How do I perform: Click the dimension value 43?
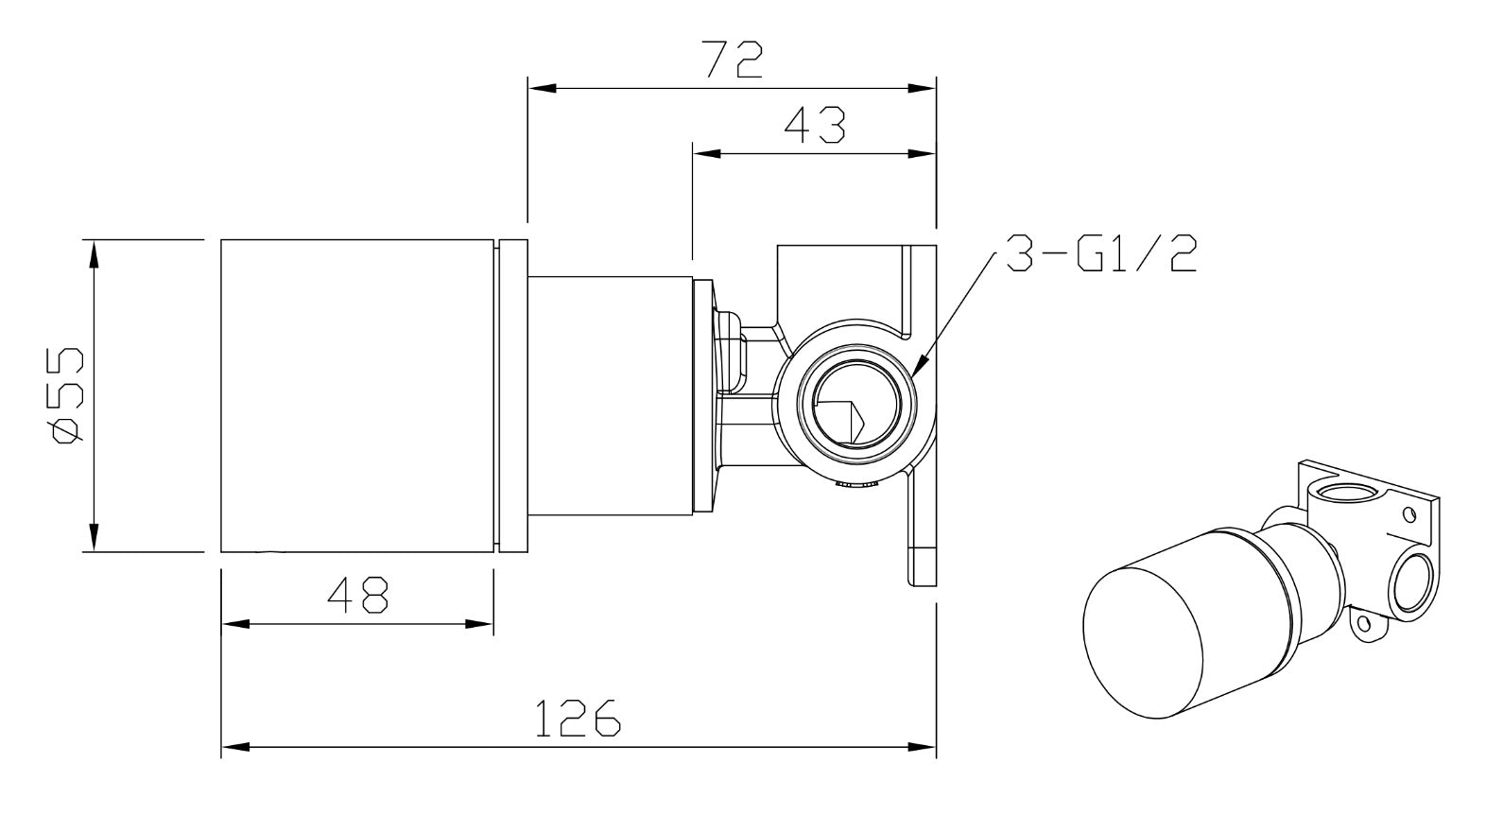pyautogui.click(x=814, y=125)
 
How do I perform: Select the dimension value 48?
pyautogui.click(x=357, y=595)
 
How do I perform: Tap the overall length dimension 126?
pyautogui.click(x=578, y=718)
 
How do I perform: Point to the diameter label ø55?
pyautogui.click(x=66, y=395)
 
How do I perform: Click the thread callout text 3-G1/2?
pyautogui.click(x=1100, y=254)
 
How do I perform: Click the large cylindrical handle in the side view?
pyautogui.click(x=357, y=395)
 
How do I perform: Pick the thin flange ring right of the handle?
pyautogui.click(x=511, y=395)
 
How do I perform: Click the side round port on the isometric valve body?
pyautogui.click(x=1411, y=581)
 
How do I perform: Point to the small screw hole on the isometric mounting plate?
pyautogui.click(x=1409, y=514)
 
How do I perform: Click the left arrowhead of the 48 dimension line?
pyautogui.click(x=226, y=624)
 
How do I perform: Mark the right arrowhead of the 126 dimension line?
pyautogui.click(x=931, y=747)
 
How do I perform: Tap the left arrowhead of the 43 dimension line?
pyautogui.click(x=698, y=153)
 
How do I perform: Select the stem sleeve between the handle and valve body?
pyautogui.click(x=610, y=395)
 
